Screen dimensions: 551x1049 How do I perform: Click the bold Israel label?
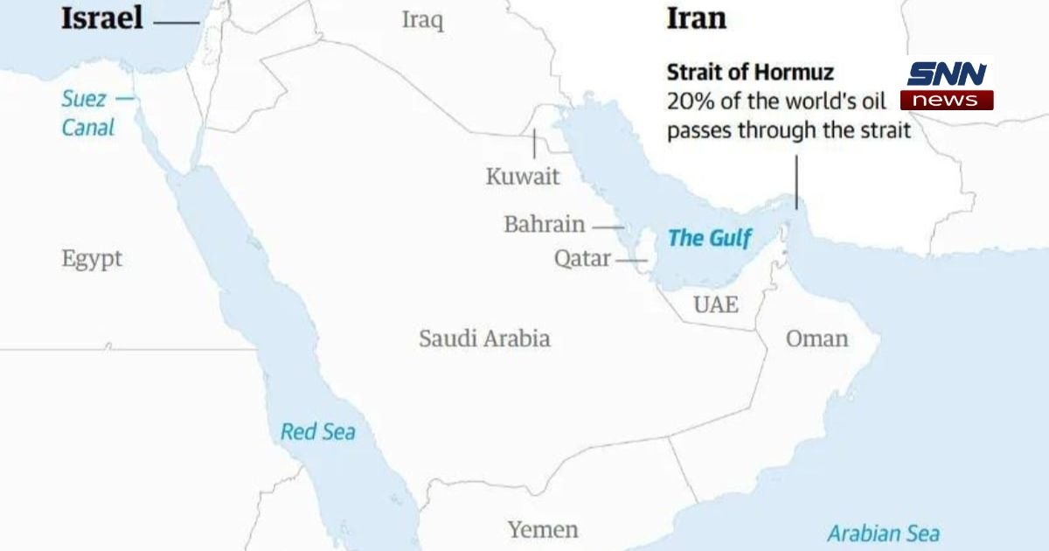[x=101, y=19]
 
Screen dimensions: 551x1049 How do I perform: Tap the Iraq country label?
[x=422, y=20]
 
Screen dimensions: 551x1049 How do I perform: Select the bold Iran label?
[x=696, y=19]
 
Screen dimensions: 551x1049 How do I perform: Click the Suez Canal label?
[x=87, y=113]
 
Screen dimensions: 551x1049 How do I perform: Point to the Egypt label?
[x=92, y=259]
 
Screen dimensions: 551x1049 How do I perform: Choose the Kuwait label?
[x=523, y=177]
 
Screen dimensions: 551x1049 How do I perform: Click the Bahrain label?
[x=544, y=225]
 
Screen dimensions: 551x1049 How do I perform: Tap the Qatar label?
[x=582, y=260]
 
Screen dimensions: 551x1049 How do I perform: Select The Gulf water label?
[x=710, y=238]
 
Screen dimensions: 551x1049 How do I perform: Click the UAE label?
[x=715, y=304]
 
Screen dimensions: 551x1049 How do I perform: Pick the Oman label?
[x=816, y=338]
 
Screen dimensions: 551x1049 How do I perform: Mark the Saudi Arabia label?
[x=484, y=338]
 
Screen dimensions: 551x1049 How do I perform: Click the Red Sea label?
[x=317, y=431]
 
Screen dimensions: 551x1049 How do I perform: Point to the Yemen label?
[x=543, y=529]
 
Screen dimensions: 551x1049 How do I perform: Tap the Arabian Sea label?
[x=883, y=534]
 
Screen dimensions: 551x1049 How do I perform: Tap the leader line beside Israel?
[x=176, y=22]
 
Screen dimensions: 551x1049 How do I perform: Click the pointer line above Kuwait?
[x=534, y=143]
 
